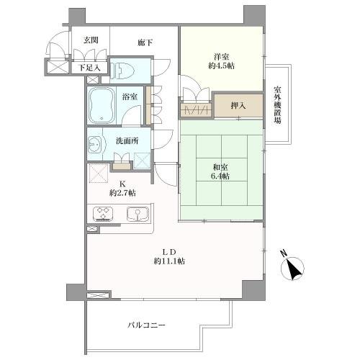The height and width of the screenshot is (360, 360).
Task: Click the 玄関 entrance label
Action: click(x=91, y=40)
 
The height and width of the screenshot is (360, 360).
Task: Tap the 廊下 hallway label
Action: click(x=145, y=42)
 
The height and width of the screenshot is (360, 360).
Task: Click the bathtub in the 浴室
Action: click(x=102, y=105)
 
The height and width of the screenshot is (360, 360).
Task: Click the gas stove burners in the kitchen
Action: click(x=103, y=213)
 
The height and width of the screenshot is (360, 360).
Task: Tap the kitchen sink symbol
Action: click(x=138, y=214)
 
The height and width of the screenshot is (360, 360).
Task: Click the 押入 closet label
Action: click(x=238, y=105)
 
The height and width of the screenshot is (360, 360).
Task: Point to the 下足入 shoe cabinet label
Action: click(x=89, y=68)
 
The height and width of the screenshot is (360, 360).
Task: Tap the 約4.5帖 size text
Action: click(x=221, y=66)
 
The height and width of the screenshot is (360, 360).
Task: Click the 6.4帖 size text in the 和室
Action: click(x=220, y=176)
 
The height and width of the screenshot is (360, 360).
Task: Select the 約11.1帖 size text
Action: click(x=169, y=261)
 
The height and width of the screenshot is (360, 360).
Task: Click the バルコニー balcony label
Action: click(x=146, y=325)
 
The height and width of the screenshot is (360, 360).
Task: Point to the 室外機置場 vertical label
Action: click(x=278, y=105)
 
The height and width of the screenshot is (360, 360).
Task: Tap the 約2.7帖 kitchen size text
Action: click(x=122, y=193)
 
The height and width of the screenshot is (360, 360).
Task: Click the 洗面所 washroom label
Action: click(x=127, y=141)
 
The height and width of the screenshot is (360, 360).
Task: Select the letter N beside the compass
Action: click(x=284, y=253)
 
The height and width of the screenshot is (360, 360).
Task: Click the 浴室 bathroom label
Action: click(x=130, y=96)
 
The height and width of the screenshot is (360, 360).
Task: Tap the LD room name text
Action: click(x=170, y=252)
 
